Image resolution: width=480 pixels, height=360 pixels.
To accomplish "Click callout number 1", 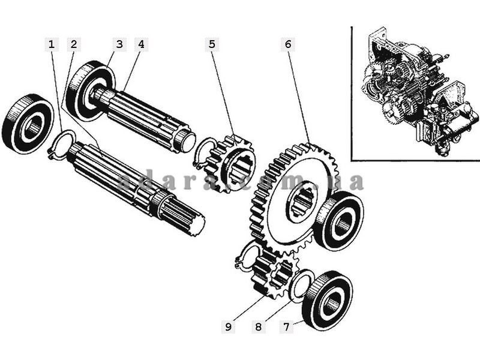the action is tap(52, 44).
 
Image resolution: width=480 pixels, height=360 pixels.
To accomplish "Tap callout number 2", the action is tap(73, 44).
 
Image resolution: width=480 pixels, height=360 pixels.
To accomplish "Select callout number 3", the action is tap(119, 44).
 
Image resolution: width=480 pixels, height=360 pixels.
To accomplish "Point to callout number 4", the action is tap(141, 44).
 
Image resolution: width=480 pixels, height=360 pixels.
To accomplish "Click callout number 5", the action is tap(212, 44).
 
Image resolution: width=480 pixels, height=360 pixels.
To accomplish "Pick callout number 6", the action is tap(288, 44).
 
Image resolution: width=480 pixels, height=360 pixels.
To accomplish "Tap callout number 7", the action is tap(286, 327).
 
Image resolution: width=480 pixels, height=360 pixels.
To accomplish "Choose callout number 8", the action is tap(259, 327).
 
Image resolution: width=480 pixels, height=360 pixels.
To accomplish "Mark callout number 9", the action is tap(228, 327).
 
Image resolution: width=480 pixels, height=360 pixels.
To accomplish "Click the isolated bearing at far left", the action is tap(28, 124).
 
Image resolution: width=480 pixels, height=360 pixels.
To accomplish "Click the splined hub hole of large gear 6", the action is tap(302, 201).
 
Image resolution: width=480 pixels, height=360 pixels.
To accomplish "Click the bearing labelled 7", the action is tap(327, 301).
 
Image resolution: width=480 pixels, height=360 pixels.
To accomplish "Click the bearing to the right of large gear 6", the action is tap(339, 220).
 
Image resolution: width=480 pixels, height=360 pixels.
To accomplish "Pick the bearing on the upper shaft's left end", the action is tap(91, 91).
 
